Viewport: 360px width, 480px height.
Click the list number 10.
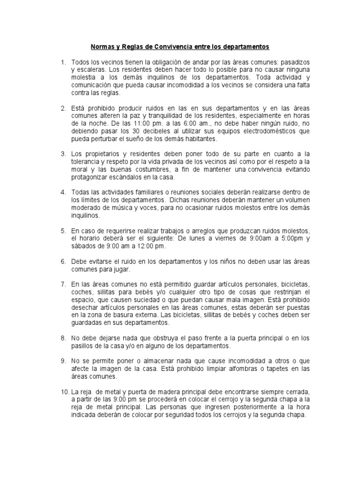[x=64, y=392]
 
